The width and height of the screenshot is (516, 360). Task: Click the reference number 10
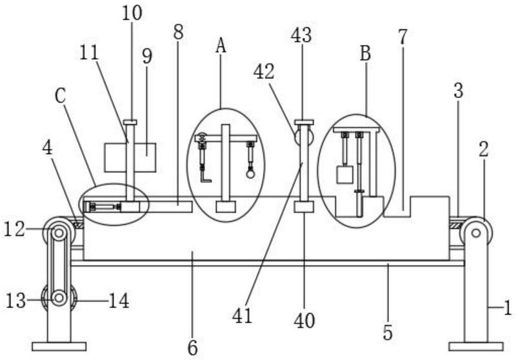click(132, 13)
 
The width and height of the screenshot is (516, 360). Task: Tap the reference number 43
click(301, 35)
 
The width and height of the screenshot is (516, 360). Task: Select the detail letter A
click(221, 45)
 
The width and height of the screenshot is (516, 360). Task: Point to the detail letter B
click(365, 54)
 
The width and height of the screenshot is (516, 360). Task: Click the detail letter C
click(61, 96)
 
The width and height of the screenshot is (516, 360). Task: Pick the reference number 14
click(119, 301)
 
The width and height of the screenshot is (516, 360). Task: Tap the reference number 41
click(243, 316)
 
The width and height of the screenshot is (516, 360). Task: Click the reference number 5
click(388, 332)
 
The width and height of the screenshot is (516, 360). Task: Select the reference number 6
click(192, 348)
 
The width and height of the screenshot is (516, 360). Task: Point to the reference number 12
click(14, 230)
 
